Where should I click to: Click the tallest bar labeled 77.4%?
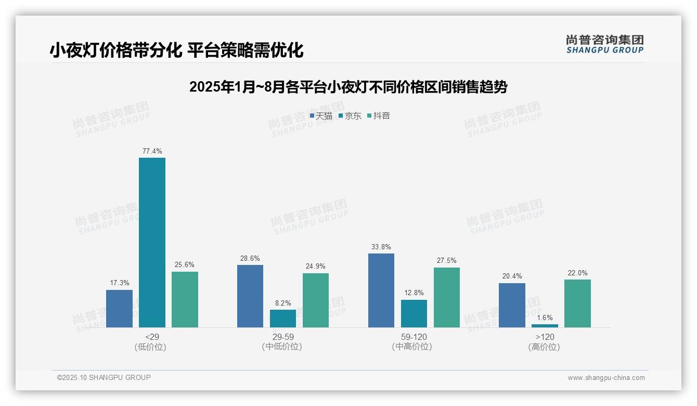click(152, 243)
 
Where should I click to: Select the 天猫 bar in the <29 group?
click(119, 309)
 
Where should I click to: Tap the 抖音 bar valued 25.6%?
click(185, 299)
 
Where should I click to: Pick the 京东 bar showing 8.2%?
click(282, 319)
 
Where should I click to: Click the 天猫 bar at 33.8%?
click(381, 290)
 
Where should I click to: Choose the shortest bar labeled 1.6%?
click(545, 326)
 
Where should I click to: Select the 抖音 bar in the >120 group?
click(577, 303)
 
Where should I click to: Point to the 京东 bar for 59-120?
click(414, 313)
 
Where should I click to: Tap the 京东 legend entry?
click(350, 116)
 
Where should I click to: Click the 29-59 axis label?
click(282, 337)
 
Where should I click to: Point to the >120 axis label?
click(544, 337)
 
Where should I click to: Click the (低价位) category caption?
click(150, 347)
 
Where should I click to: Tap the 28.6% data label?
click(250, 259)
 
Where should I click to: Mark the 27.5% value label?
click(446, 261)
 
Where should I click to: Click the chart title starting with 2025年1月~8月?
click(348, 87)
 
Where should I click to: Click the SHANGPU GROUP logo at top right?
click(604, 44)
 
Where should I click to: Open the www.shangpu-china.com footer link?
click(606, 378)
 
